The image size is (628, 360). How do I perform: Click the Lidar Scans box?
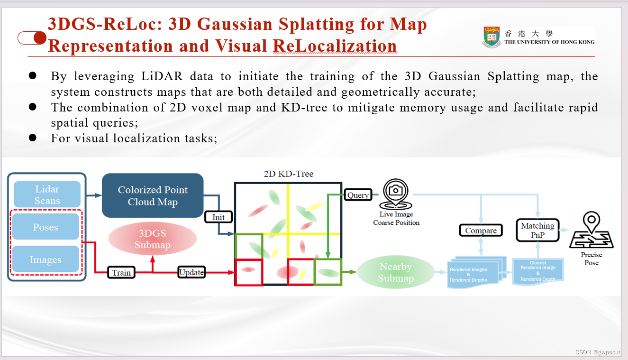47,194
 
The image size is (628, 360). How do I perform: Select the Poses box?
46,227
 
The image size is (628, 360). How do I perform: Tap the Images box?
46,259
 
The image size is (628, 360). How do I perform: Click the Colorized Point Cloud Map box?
153,195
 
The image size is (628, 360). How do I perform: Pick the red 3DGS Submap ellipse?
153,239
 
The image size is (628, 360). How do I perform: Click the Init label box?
218,217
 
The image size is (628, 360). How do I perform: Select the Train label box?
121,272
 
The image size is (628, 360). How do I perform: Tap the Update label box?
191,272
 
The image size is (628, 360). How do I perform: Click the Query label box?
358,195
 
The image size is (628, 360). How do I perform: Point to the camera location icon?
396,194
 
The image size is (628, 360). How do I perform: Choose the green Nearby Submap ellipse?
396,272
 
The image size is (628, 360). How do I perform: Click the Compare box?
481,231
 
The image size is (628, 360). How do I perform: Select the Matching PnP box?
538,230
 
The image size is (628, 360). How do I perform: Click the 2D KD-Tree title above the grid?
289,174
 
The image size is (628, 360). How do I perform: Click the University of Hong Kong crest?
491,37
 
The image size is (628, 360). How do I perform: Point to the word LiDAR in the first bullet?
162,76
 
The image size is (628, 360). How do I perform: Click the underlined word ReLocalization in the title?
335,46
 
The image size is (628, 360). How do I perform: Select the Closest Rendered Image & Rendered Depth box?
538,271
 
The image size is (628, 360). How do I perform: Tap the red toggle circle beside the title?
40,38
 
